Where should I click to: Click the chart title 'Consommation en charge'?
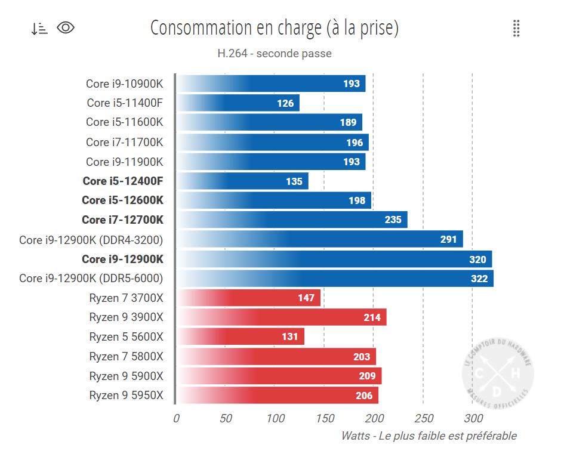[274, 28]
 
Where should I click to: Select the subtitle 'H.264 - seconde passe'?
[274, 54]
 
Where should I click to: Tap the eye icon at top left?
[66, 27]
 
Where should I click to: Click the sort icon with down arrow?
[39, 28]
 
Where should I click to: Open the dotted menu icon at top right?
[516, 28]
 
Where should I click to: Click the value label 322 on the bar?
[479, 279]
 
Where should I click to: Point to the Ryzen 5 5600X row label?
[125, 337]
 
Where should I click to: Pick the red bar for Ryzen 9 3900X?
[280, 317]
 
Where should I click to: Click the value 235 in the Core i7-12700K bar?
[393, 220]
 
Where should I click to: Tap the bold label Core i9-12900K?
[122, 259]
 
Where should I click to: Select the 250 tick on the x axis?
[423, 418]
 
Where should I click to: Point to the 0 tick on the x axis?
[175, 418]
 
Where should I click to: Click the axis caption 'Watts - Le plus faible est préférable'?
[429, 436]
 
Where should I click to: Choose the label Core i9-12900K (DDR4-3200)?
[91, 240]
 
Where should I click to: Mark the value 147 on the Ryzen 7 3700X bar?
[306, 298]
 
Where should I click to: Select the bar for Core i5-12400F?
[242, 181]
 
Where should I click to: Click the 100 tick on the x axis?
[275, 418]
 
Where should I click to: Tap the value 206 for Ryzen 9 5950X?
[363, 396]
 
